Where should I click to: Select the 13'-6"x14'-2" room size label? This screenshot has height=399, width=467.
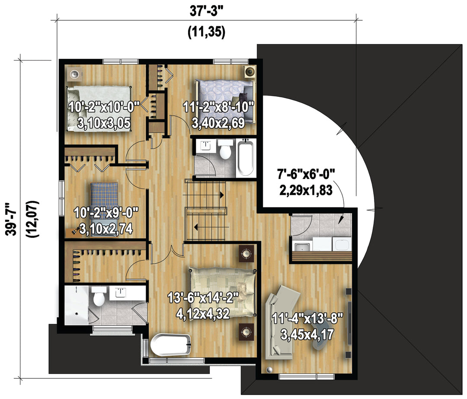[x=203, y=298]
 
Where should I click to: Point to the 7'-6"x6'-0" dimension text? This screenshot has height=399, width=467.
[x=306, y=174]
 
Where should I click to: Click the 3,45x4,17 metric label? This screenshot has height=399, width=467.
[x=307, y=335]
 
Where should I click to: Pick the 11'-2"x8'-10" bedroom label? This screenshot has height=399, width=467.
[x=218, y=107]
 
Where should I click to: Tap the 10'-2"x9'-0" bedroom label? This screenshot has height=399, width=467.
[x=106, y=213]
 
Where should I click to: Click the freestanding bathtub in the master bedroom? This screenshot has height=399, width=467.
[x=171, y=345]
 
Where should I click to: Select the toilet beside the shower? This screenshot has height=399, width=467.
[x=99, y=296]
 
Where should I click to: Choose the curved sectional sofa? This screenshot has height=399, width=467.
[x=282, y=322]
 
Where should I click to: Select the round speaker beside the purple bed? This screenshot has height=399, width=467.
[x=249, y=72]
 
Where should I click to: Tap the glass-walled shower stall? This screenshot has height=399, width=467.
[x=77, y=305]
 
